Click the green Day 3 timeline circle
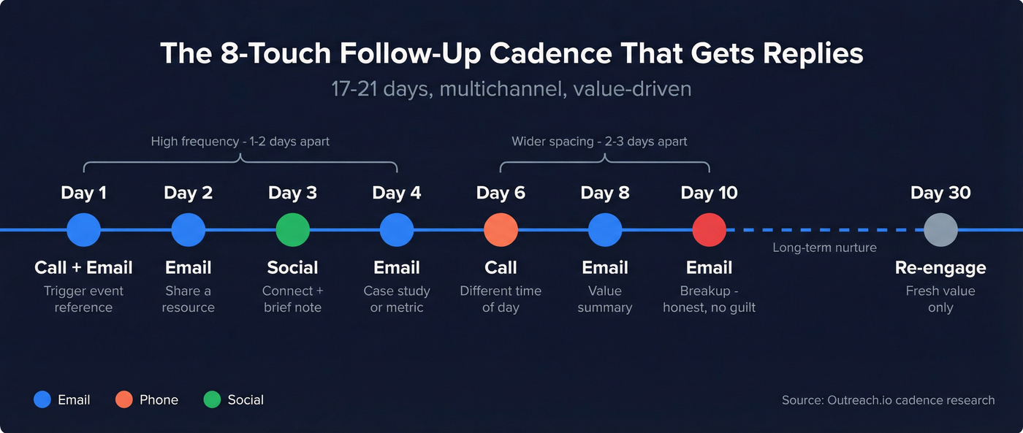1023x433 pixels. (292, 230)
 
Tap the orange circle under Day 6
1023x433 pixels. (501, 230)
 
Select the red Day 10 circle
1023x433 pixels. (709, 230)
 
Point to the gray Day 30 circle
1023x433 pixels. (940, 230)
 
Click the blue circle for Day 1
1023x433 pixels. (83, 230)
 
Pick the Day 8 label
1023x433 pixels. (604, 193)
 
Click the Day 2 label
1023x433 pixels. (188, 193)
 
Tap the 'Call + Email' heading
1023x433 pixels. (83, 267)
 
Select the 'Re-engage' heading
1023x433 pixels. (940, 267)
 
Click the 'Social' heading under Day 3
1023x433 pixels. (292, 267)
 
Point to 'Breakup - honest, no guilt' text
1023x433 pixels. (709, 299)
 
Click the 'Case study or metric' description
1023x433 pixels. (397, 299)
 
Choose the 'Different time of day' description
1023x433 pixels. (501, 299)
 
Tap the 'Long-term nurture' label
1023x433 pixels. (824, 248)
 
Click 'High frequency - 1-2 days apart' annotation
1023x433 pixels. (240, 141)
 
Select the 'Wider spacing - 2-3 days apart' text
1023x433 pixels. (599, 141)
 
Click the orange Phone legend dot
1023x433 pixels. (124, 399)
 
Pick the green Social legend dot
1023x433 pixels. (212, 399)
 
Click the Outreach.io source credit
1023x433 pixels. (888, 399)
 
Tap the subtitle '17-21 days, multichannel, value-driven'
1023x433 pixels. (511, 89)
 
